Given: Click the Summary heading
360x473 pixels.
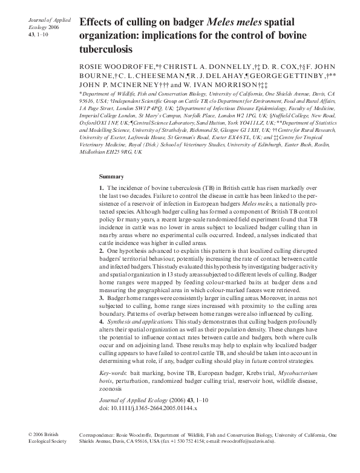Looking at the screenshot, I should (111, 177).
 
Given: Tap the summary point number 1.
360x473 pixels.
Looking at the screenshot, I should (101, 189).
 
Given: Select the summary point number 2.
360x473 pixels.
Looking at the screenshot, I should (101, 250).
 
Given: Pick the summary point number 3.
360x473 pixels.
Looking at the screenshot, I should (101, 298).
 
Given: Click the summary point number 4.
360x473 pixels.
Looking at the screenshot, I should (101, 322).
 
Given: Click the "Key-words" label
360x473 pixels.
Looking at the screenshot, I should (113, 374).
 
